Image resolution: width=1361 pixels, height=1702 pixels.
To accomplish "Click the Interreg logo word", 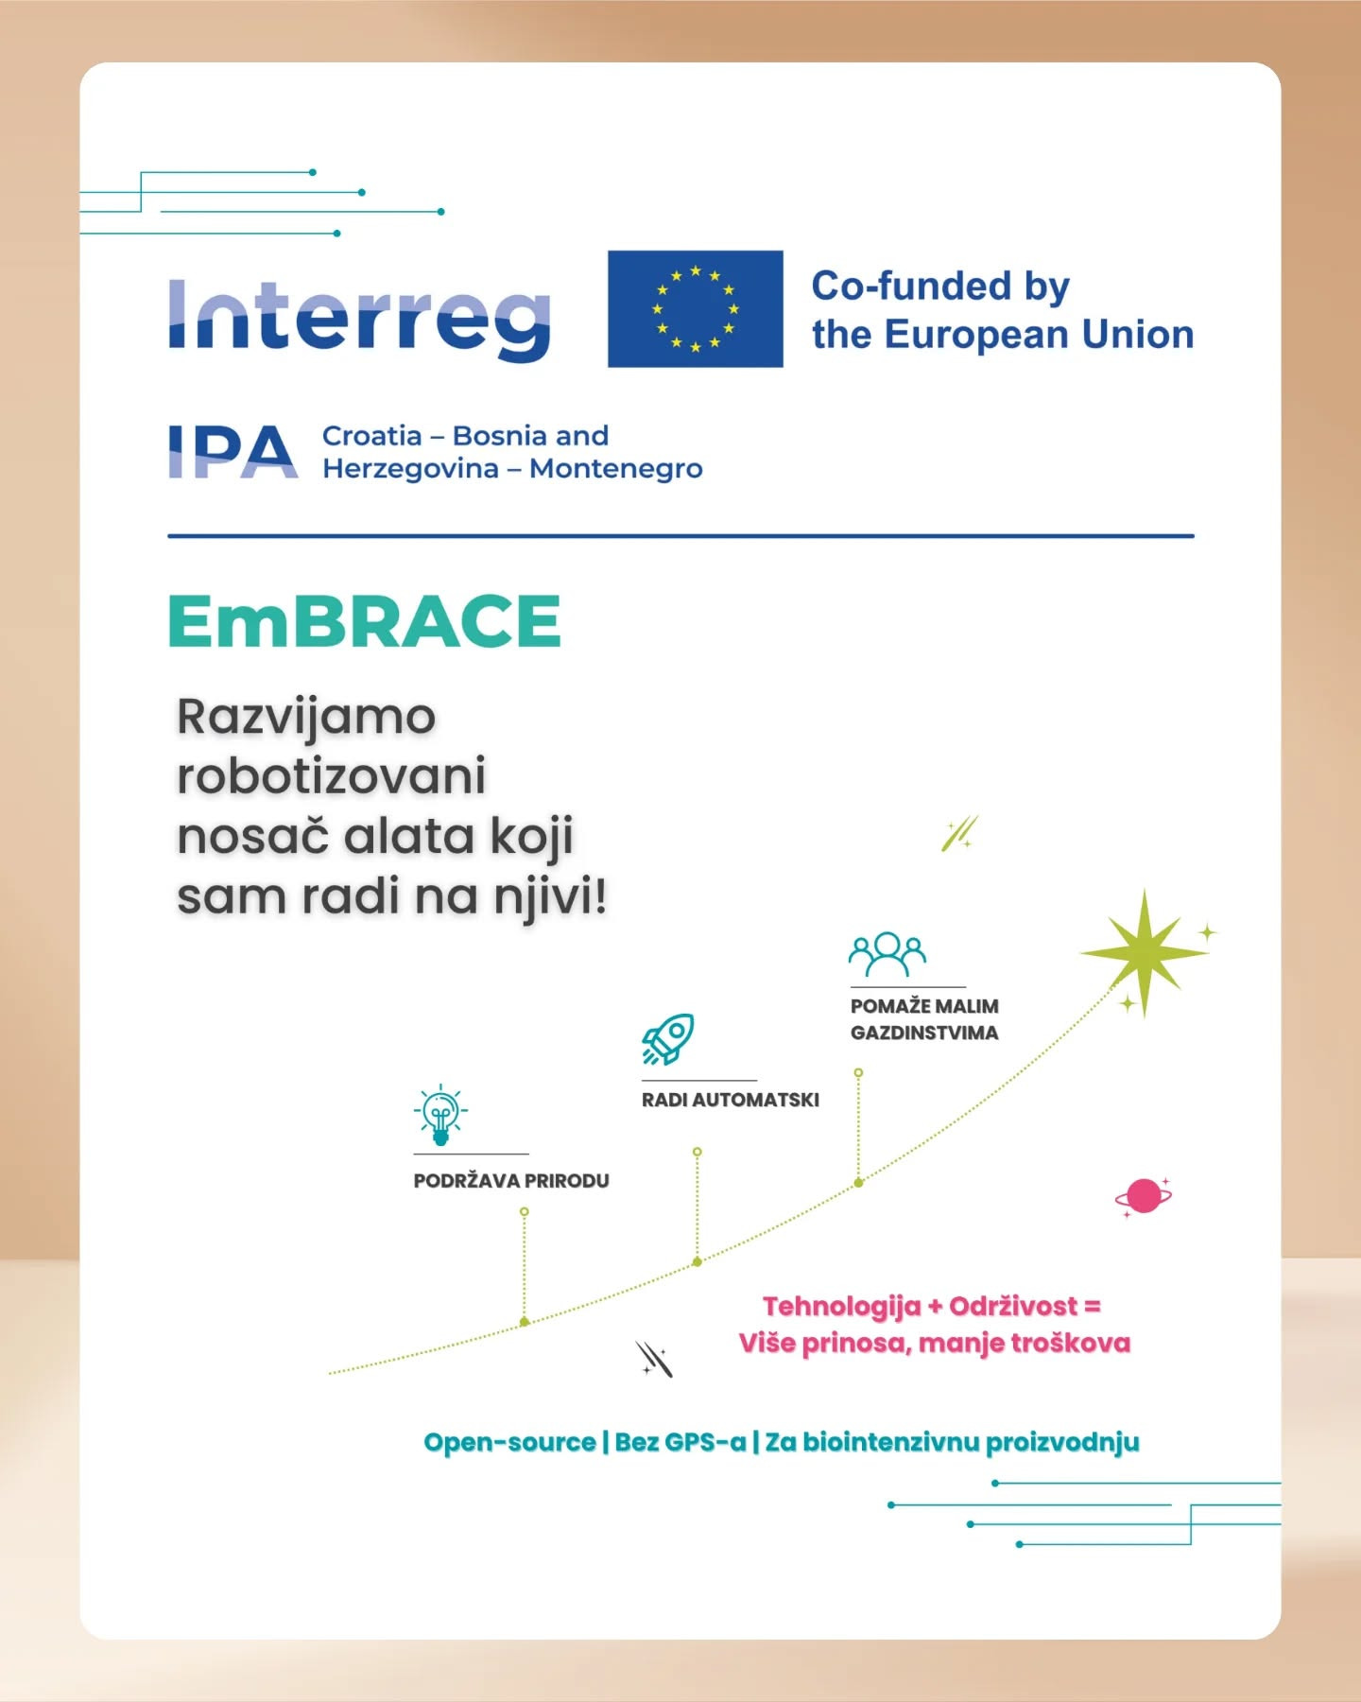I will click(359, 317).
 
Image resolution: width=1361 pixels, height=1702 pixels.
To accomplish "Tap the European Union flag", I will click(695, 308).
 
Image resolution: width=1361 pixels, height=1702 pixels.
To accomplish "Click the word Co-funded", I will click(910, 286).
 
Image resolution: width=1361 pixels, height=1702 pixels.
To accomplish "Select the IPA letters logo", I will click(233, 452).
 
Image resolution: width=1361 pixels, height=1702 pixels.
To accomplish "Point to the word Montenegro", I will click(615, 469).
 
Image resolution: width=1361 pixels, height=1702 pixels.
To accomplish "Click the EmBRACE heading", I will click(365, 621).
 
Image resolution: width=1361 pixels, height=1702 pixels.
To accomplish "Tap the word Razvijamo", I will click(306, 717).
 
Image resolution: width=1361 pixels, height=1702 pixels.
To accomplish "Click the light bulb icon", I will click(440, 1115).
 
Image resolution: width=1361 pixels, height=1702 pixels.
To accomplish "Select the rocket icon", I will click(668, 1039).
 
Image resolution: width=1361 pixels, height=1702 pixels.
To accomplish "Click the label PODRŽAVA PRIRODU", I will click(511, 1181).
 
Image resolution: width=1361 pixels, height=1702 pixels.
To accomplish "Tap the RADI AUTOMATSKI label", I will click(731, 1101).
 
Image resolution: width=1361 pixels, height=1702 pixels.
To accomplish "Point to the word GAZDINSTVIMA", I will click(924, 1033).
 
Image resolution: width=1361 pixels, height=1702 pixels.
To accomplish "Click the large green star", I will click(1144, 952).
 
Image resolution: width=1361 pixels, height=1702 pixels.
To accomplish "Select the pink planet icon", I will click(1144, 1196).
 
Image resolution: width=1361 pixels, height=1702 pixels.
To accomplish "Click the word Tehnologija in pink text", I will click(841, 1307).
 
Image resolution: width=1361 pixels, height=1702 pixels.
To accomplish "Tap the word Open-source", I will click(509, 1443).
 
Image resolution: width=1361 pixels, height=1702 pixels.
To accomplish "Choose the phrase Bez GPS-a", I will click(680, 1443).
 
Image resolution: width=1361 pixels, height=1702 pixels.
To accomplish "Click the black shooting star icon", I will click(653, 1360).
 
